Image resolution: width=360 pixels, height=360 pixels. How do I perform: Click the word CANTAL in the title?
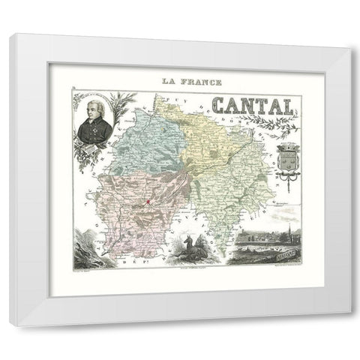tap(244, 108)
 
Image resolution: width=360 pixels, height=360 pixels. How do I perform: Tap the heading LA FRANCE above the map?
tap(181, 79)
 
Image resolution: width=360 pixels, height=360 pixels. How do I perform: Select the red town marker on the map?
tap(148, 202)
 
